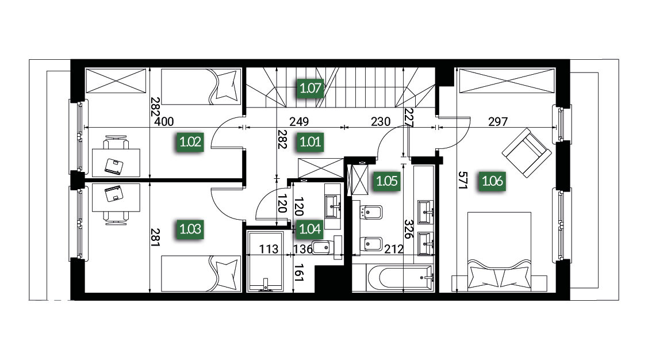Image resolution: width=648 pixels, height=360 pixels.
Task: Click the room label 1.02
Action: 190,142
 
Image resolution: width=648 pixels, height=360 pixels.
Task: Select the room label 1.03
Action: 190,229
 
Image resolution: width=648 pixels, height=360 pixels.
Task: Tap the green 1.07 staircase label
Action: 310,88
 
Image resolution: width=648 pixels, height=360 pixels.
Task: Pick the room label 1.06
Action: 492,181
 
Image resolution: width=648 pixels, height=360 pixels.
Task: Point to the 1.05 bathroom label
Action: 387,181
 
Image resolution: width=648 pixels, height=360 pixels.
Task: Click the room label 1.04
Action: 310,229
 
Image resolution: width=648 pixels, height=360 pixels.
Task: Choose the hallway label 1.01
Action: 310,142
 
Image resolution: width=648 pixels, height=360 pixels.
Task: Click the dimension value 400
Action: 164,122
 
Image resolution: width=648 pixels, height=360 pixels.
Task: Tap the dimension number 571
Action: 462,181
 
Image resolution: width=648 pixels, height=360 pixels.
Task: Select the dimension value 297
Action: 497,122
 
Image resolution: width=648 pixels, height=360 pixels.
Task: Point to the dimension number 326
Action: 408,229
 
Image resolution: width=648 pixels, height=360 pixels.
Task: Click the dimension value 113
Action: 269,249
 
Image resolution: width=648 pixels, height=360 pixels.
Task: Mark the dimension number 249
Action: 299,122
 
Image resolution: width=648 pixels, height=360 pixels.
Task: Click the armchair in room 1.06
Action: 527,152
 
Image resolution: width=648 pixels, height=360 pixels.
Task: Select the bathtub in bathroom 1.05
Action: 400,277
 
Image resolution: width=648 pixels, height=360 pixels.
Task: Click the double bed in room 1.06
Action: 499,251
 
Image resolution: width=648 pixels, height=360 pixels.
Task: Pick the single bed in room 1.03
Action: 201,274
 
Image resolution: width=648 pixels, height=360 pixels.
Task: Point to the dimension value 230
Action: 380,122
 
